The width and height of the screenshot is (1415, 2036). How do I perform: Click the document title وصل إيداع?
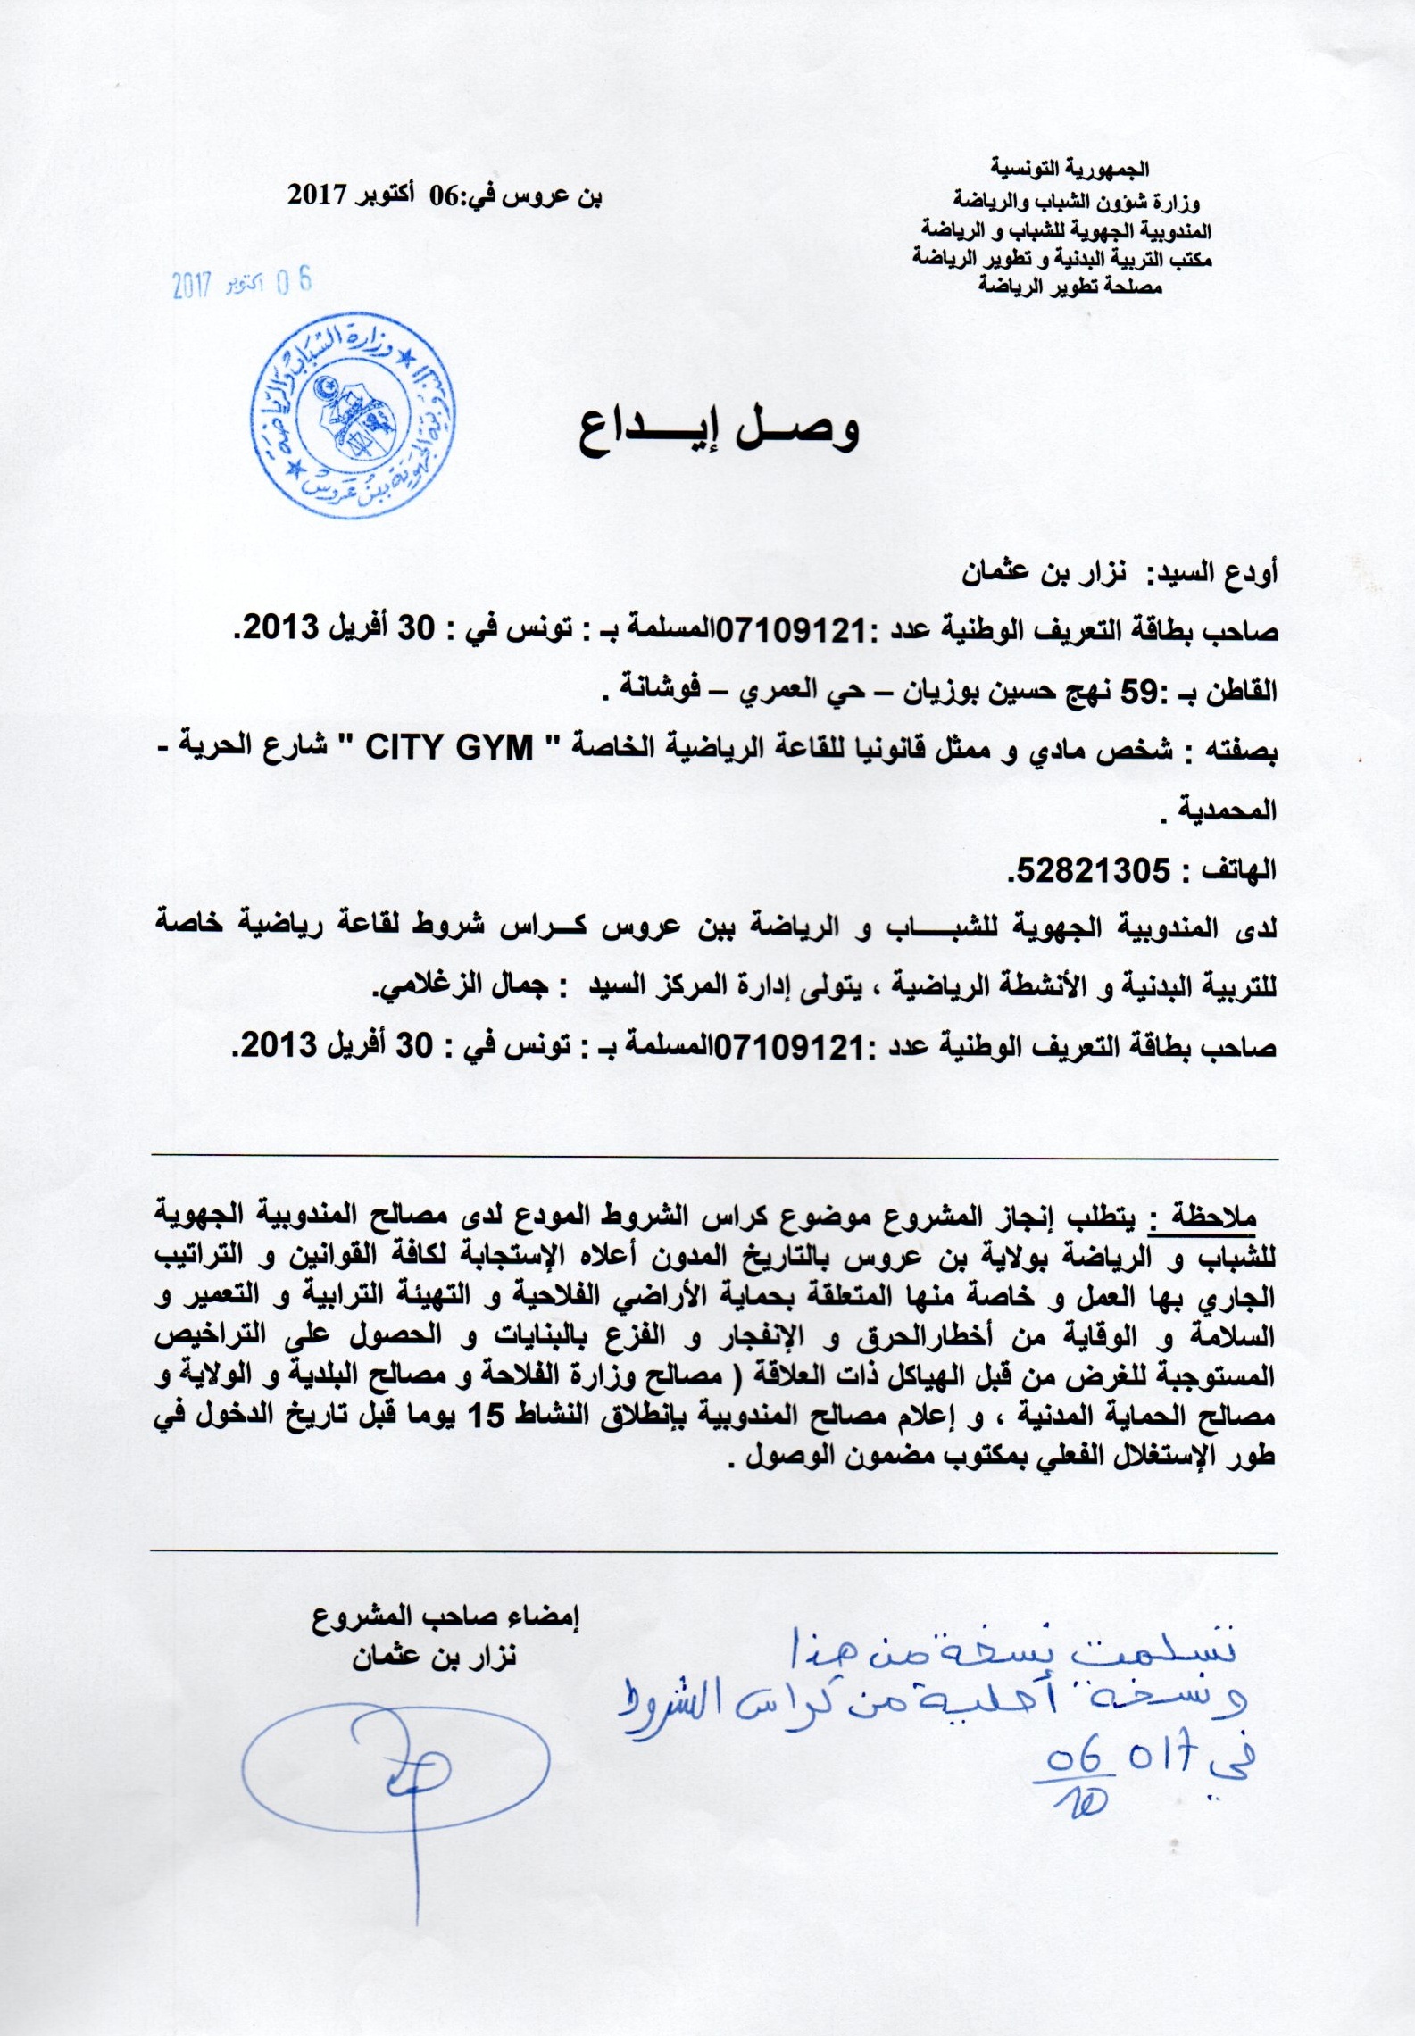tap(720, 432)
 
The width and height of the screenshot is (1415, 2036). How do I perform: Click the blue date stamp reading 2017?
tap(243, 285)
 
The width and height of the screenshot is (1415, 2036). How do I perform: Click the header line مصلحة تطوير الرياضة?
tap(1073, 288)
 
